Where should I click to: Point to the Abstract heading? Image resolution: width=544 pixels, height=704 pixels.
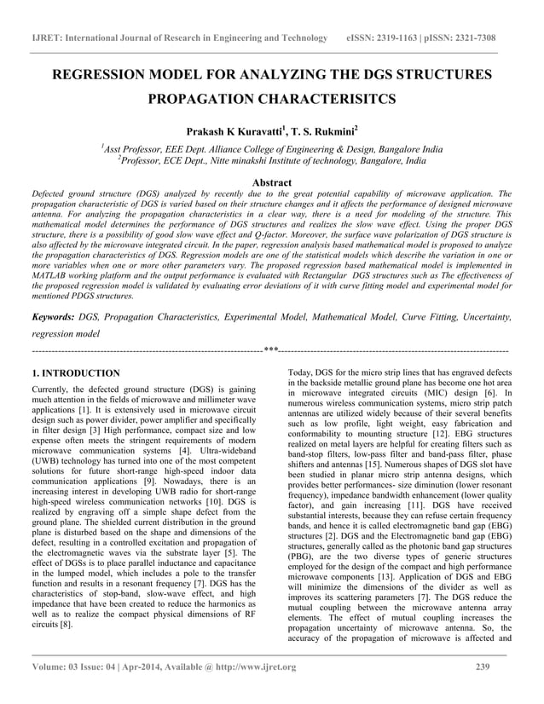pyautogui.click(x=272, y=182)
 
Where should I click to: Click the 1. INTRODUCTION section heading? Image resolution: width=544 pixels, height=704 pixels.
pyautogui.click(x=75, y=373)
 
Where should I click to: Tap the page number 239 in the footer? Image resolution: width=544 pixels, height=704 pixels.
pyautogui.click(x=483, y=666)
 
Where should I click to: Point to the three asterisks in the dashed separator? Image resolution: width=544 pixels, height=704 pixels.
pyautogui.click(x=271, y=349)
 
